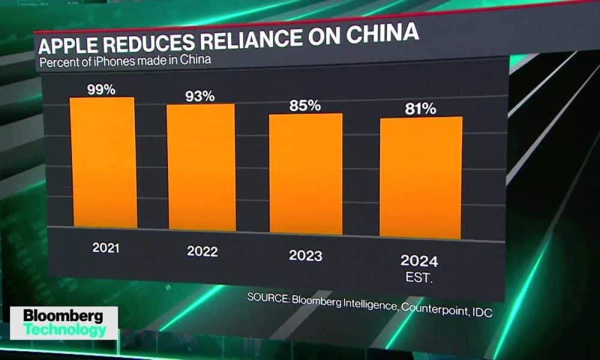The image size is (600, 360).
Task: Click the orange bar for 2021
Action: (x=103, y=163)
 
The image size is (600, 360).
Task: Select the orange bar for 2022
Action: (x=201, y=167)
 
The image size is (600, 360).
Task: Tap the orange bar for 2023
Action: (x=305, y=173)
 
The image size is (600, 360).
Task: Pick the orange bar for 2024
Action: (x=421, y=178)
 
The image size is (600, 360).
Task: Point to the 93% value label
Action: (x=200, y=96)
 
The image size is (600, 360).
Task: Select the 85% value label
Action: (x=305, y=106)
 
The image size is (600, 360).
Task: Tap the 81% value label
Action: (x=420, y=109)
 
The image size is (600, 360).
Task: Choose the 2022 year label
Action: (x=202, y=251)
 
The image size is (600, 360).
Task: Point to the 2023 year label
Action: (x=305, y=256)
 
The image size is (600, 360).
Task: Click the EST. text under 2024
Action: (x=419, y=278)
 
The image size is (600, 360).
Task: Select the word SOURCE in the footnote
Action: (x=268, y=298)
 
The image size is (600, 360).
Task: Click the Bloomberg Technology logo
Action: (x=63, y=323)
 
